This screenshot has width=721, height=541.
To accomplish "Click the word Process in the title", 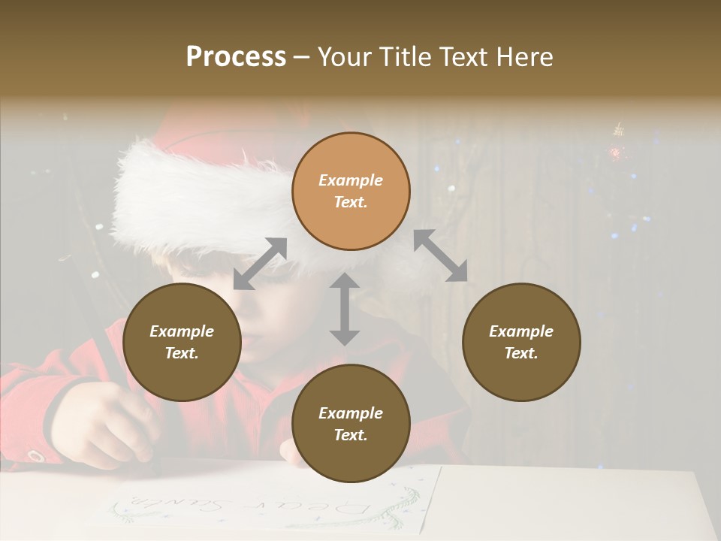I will point(236,57).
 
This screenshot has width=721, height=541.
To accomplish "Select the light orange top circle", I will point(351,192).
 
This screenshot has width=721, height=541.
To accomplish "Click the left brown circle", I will point(182,343).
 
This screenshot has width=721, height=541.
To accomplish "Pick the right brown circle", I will point(521,343).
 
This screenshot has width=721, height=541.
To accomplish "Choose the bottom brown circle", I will point(351,425).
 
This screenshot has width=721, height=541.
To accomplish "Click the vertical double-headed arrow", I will point(345,309).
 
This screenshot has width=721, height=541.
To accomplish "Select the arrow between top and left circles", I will point(261,264).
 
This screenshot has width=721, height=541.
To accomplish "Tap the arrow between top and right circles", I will point(440,256).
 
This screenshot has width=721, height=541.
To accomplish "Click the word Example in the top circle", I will point(351,180).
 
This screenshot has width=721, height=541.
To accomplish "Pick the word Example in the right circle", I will point(521,331).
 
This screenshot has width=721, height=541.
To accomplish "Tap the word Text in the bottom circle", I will point(351,435).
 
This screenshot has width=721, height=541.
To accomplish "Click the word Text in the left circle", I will point(182,353).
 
